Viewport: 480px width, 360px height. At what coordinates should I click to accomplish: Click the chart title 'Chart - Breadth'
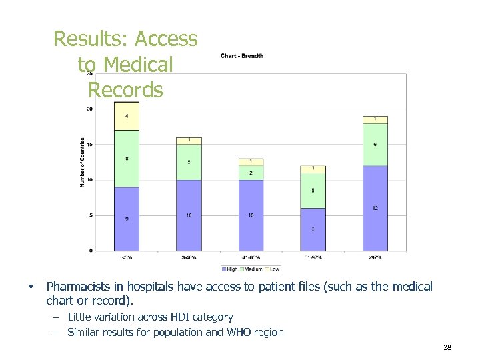241,56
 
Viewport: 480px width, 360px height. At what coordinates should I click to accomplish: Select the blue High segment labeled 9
126,219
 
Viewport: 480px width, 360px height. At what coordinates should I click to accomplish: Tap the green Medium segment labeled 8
126,159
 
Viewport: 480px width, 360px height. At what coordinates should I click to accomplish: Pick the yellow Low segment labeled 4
126,117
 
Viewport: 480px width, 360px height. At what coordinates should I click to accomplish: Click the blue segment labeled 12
375,208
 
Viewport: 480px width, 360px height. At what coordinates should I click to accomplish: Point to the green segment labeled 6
375,145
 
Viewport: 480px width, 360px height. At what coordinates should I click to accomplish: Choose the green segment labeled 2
251,173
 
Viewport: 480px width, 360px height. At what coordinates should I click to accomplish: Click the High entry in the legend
231,269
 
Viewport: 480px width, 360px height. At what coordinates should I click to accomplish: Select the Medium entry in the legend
253,269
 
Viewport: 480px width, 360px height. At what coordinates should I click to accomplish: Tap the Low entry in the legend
273,269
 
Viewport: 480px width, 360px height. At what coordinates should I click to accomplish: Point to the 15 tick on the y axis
90,145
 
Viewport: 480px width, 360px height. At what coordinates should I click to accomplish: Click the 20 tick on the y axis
90,109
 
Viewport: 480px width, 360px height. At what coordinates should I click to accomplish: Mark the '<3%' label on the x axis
126,257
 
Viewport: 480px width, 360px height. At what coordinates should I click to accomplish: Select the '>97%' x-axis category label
375,257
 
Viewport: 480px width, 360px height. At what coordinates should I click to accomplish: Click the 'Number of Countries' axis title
83,162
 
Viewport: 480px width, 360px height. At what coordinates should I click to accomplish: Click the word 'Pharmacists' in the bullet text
75,287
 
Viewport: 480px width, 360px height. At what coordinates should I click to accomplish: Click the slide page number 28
447,348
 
